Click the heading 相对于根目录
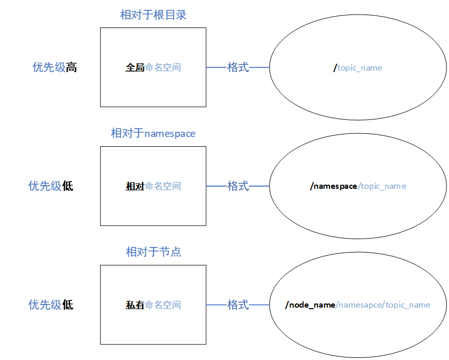[153, 15]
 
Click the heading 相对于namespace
[153, 133]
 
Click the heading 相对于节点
[153, 252]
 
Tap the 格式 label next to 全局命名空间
[238, 67]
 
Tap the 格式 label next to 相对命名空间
[238, 186]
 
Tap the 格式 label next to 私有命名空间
[238, 304]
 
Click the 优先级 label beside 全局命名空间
[49, 67]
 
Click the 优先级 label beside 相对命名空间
[45, 186]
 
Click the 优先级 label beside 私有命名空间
[45, 304]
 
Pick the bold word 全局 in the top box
[134, 67]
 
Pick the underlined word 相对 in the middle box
[134, 186]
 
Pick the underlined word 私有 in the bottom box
[134, 305]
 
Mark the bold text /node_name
[310, 305]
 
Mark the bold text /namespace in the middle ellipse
[334, 186]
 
